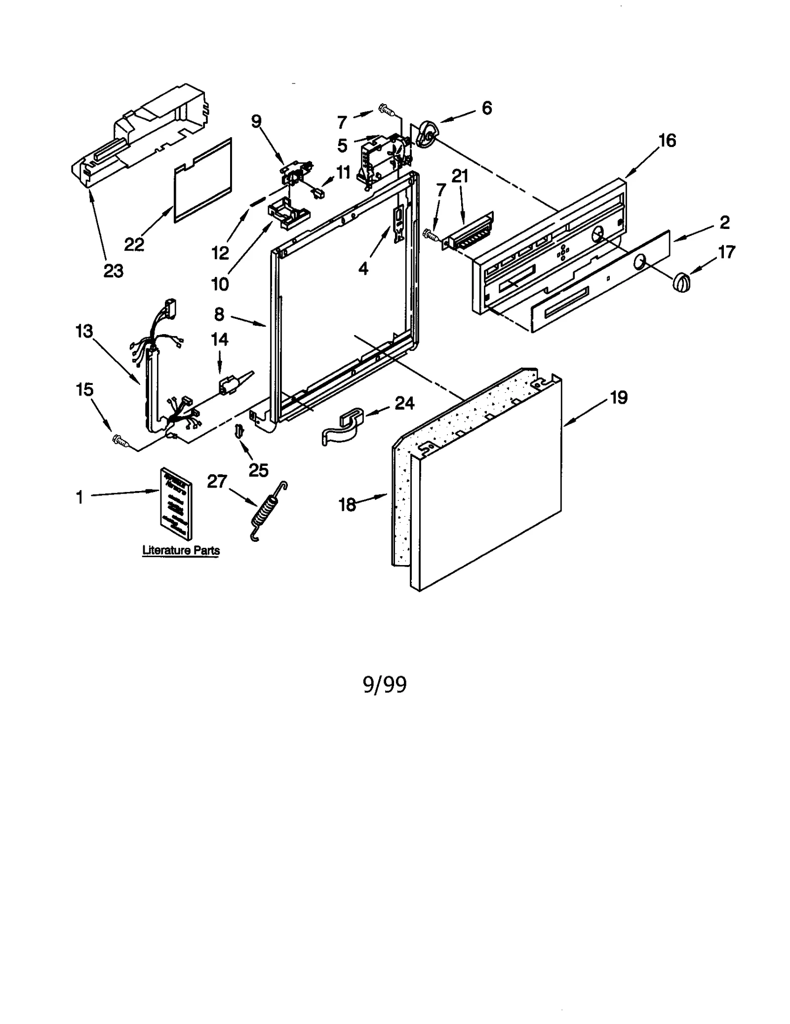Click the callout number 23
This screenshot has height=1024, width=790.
click(x=113, y=270)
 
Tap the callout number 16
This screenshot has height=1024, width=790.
click(x=667, y=141)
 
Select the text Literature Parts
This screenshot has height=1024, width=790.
click(x=181, y=550)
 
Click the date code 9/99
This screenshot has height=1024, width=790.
click(x=385, y=684)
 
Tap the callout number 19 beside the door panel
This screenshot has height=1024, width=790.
click(x=618, y=397)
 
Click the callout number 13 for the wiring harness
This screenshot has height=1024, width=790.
click(x=84, y=331)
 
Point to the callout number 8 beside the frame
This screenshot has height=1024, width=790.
click(x=219, y=314)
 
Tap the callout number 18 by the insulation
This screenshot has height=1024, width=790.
click(x=347, y=504)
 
